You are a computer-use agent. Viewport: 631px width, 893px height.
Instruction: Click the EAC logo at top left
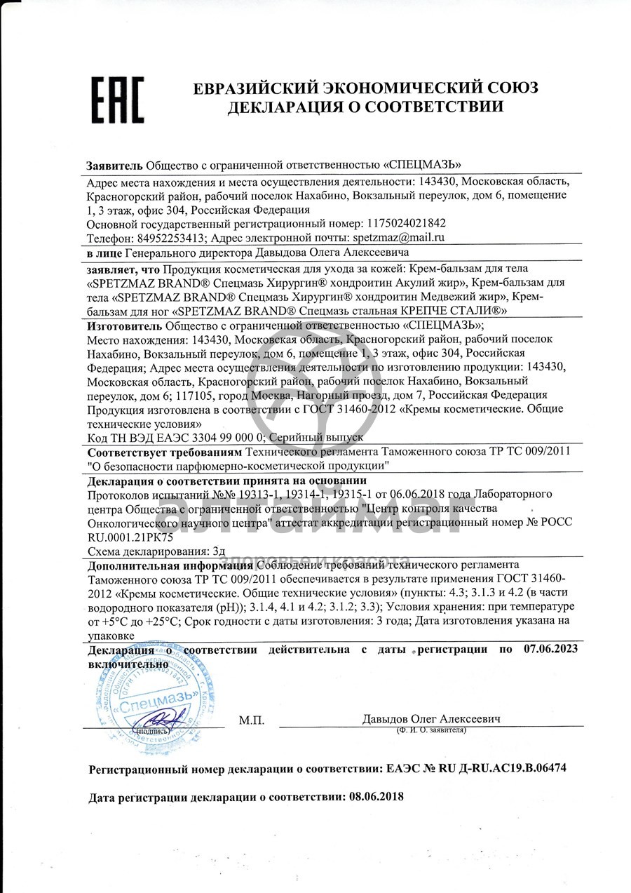pyautogui.click(x=117, y=100)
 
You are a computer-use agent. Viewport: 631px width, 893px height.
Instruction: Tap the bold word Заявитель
pyautogui.click(x=114, y=165)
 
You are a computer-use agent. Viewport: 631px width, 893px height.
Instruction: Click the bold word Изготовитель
pyautogui.click(x=124, y=325)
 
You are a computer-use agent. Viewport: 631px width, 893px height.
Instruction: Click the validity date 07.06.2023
pyautogui.click(x=550, y=650)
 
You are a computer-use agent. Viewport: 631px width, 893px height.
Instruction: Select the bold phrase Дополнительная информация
pyautogui.click(x=170, y=565)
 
